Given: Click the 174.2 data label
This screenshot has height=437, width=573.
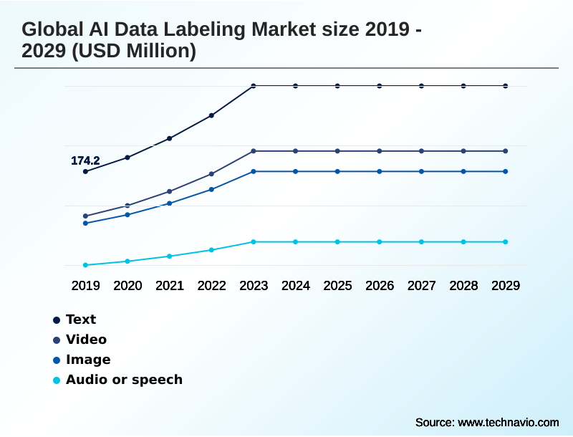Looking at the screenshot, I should coord(85,161).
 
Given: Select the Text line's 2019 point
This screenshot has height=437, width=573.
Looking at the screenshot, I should coord(85,171).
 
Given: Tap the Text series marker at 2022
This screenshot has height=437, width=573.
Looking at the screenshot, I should coord(211,115).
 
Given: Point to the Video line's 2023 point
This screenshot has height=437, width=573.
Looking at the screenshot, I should coord(254,151).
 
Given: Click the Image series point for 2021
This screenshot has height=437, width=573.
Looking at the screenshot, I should coord(170,203).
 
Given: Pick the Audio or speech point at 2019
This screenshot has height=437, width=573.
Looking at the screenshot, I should coord(85,265).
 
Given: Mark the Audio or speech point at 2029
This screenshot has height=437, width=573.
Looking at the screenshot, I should coord(506,241).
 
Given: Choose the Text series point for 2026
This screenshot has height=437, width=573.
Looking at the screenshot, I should coord(380,86).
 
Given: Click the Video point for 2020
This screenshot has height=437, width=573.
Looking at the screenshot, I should coord(127,206).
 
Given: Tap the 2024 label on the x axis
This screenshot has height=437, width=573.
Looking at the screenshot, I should coord(296,286).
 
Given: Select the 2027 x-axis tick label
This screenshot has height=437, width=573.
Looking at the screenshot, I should coord(422,286).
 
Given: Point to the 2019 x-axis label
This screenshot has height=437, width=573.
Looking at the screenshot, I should coord(85,286).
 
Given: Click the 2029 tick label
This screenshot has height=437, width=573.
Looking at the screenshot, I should coord(506,286).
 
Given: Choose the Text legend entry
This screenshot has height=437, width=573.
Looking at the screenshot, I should coord(80,320).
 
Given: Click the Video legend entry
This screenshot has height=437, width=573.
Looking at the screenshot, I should coord(86,340).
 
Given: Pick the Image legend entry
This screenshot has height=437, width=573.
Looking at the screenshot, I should coord(88,360).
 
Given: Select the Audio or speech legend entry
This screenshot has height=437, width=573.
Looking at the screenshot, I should coord(124,380).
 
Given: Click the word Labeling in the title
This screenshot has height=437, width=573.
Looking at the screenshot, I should coord(192,30).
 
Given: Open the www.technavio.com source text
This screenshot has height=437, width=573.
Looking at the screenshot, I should coord(509,422).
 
